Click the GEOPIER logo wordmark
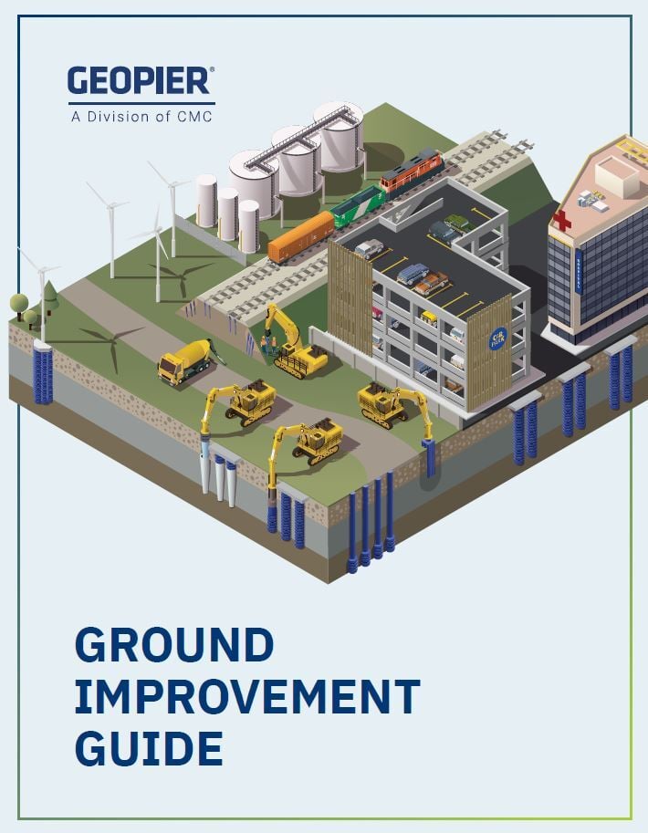coord(141,81)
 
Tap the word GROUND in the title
coord(174,646)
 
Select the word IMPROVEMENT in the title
coord(246,697)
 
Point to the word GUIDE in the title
coord(149,748)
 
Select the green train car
coord(358,206)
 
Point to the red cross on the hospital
coord(563,220)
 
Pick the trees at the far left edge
coord(25,308)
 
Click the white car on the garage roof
coord(370,248)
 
